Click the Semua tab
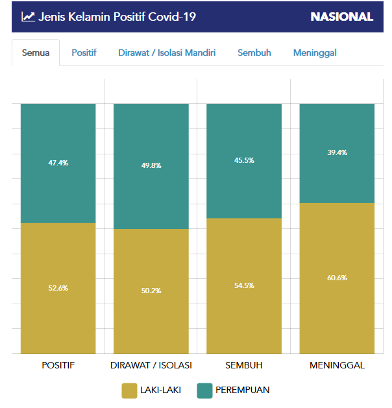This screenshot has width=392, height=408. pyautogui.click(x=36, y=53)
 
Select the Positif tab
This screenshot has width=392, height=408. pyautogui.click(x=84, y=53)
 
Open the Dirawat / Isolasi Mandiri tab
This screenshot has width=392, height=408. pyautogui.click(x=167, y=53)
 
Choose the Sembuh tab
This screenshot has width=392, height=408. pyautogui.click(x=254, y=53)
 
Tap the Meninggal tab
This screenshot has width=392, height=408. pyautogui.click(x=315, y=53)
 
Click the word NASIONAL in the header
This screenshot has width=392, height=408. pyautogui.click(x=341, y=17)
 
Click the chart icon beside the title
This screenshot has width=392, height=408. pyautogui.click(x=28, y=17)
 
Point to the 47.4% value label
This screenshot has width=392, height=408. pyautogui.click(x=58, y=163)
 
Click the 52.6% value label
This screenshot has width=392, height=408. pyautogui.click(x=58, y=288)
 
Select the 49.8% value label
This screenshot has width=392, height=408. pyautogui.click(x=151, y=165)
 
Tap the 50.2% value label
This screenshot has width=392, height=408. pyautogui.click(x=151, y=291)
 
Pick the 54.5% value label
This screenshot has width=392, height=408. pyautogui.click(x=244, y=285)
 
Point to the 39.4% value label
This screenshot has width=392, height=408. pyautogui.click(x=337, y=153)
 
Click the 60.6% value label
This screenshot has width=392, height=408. pyautogui.click(x=337, y=278)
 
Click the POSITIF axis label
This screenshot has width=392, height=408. pyautogui.click(x=58, y=365)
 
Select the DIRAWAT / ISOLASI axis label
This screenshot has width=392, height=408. pyautogui.click(x=151, y=365)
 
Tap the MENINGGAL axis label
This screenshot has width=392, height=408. pyautogui.click(x=337, y=365)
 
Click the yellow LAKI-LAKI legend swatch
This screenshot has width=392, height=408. pyautogui.click(x=129, y=390)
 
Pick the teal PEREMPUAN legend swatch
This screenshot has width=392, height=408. pyautogui.click(x=204, y=390)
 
